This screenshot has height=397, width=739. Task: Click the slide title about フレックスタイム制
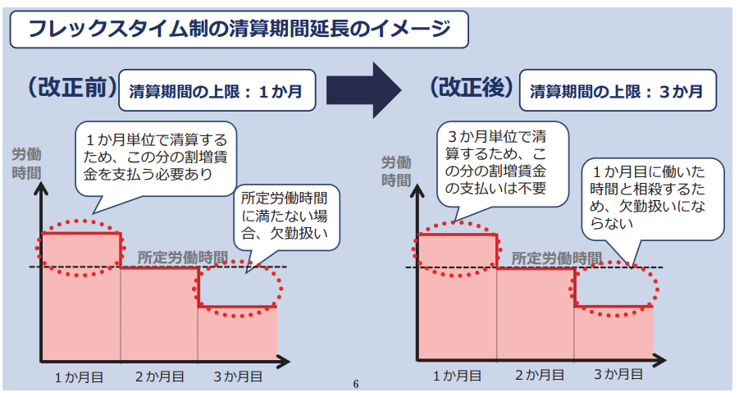tap(239, 30)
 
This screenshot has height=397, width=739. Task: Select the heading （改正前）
tap(70, 88)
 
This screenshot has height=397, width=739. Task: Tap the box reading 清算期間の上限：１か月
tap(217, 90)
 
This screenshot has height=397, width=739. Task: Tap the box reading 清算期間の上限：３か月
tap(617, 90)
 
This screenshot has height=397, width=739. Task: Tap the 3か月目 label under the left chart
tap(238, 376)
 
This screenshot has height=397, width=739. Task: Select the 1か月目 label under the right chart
tap(456, 376)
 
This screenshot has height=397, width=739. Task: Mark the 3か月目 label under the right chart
tap(617, 376)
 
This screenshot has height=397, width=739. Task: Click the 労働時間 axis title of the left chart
tap(26, 163)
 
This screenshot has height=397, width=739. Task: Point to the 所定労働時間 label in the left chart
tap(181, 256)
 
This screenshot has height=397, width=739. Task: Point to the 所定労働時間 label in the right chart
tap(556, 257)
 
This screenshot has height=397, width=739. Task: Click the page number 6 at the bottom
tap(355, 384)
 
